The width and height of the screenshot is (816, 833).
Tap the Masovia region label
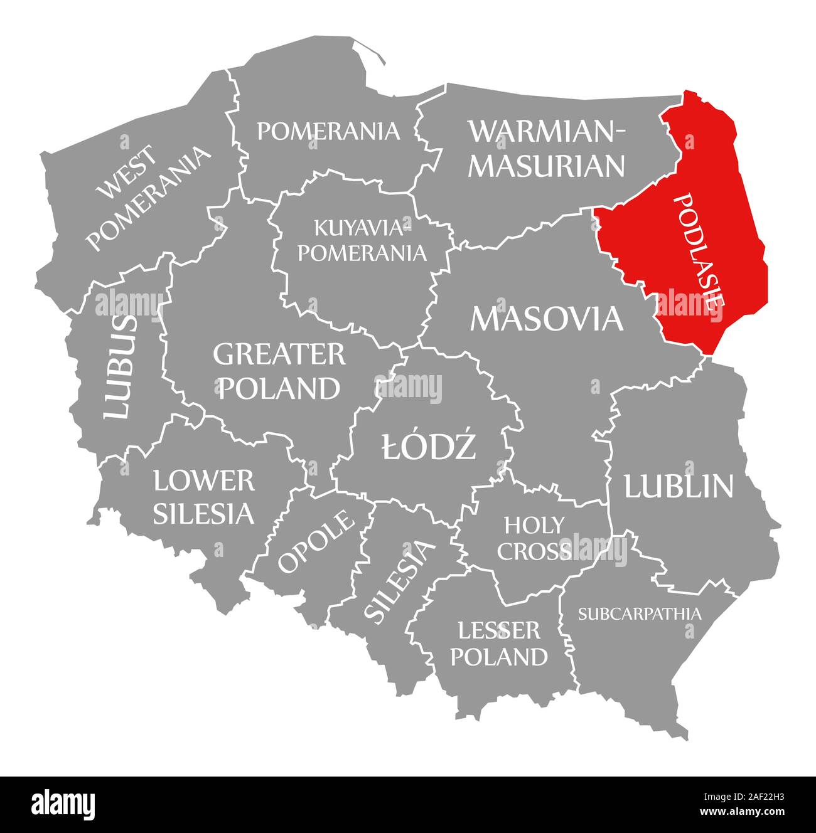547,318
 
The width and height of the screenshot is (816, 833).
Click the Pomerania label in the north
328,131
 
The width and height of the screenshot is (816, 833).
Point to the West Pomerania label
148,198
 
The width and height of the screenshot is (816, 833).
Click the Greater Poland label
279,371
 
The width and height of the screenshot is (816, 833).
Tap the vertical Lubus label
119,367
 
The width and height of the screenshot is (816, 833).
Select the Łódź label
429,447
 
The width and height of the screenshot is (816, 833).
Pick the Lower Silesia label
204,497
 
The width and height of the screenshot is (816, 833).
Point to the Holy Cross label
534,538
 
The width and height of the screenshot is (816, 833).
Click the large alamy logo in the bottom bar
63,804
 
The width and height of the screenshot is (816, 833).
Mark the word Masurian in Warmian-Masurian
547,166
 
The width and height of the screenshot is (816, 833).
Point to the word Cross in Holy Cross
534,551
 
